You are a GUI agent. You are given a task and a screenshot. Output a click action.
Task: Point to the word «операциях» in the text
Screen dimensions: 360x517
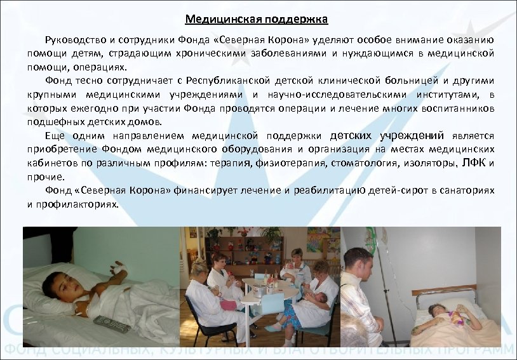click(105, 67)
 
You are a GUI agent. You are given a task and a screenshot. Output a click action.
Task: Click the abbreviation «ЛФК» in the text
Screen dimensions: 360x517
click(475, 163)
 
